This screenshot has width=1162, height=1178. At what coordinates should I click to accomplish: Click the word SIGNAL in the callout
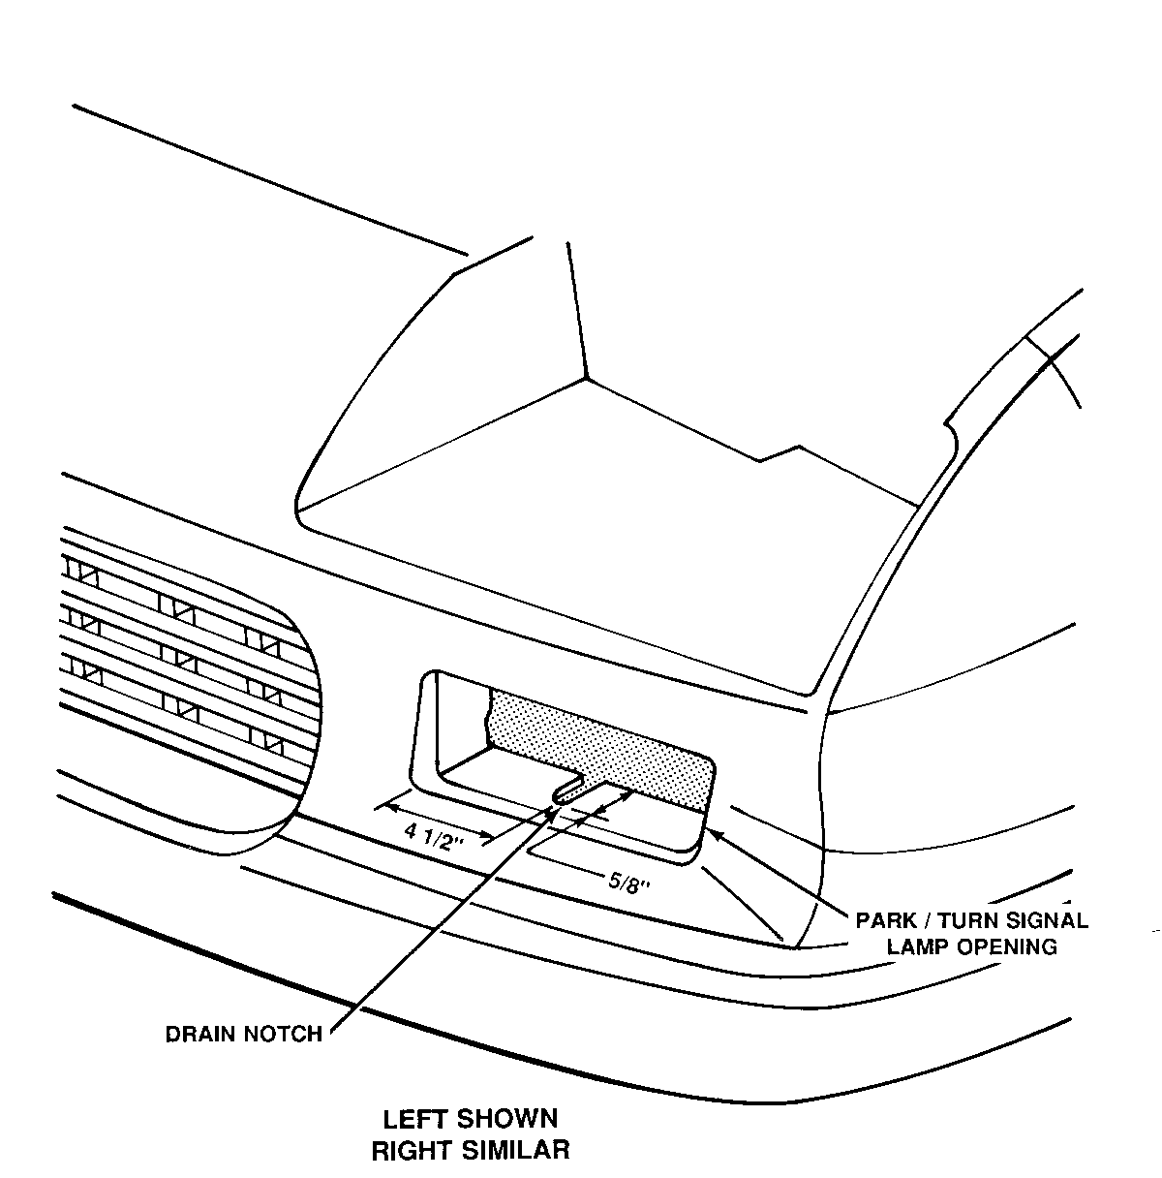[x=1047, y=920]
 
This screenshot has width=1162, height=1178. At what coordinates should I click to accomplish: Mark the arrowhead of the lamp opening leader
[x=713, y=829]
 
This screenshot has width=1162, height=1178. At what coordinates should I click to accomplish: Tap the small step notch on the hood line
[x=780, y=452]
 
